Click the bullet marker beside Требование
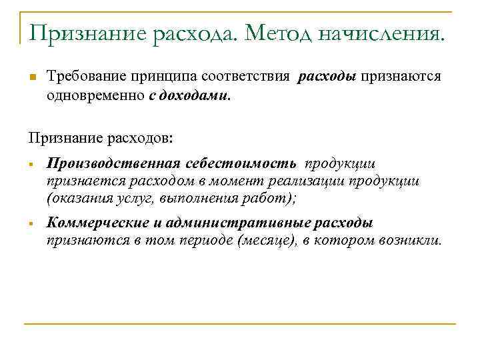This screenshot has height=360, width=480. click(x=32, y=77)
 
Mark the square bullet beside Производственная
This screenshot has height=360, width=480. click(x=31, y=165)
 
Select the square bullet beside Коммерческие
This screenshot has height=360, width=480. click(x=31, y=224)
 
